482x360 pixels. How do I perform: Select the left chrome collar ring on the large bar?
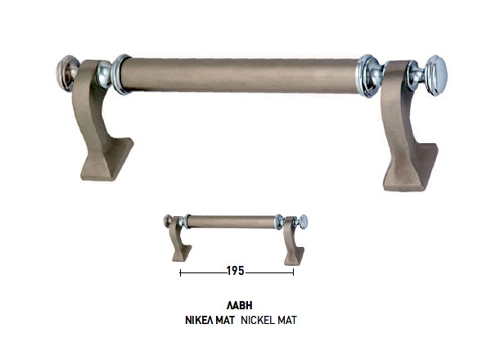click(x=121, y=74)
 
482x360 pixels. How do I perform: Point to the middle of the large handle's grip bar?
click(x=244, y=74)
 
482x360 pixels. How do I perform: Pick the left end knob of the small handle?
click(x=168, y=220)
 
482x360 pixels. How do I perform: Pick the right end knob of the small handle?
click(x=303, y=221)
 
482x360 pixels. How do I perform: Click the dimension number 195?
click(x=236, y=272)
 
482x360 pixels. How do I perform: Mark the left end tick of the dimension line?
click(x=180, y=272)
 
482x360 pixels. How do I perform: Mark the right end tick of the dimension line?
click(x=293, y=272)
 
